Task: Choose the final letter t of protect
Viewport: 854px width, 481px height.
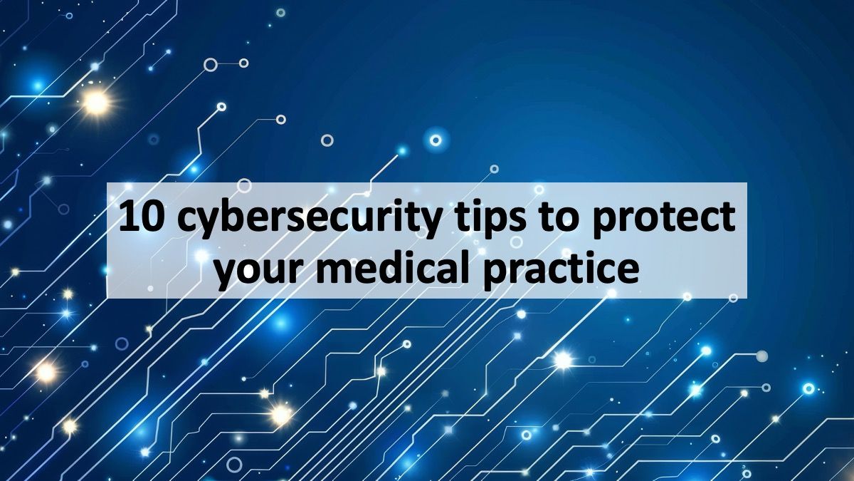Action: pyautogui.click(x=727, y=218)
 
